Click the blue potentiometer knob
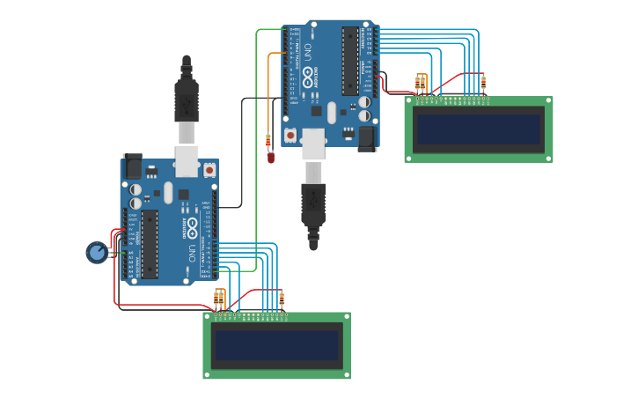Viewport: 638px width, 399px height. click(x=97, y=253)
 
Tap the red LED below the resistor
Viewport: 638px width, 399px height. click(x=271, y=158)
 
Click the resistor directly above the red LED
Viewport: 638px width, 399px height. click(x=268, y=140)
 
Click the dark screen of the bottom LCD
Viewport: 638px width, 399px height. click(x=277, y=345)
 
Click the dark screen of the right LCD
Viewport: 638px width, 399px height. click(x=479, y=129)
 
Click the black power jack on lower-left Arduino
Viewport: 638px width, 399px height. click(x=133, y=166)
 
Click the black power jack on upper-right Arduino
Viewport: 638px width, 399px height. click(x=367, y=137)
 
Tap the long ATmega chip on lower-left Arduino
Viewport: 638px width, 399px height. click(x=150, y=243)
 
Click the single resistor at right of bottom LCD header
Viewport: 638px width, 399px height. click(x=282, y=299)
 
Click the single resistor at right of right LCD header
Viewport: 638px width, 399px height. click(x=483, y=83)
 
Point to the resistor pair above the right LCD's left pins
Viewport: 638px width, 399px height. click(x=420, y=84)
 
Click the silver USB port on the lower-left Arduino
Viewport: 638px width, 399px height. click(x=187, y=161)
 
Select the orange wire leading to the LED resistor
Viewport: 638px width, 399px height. click(x=268, y=88)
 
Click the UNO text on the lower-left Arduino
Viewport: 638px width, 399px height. click(x=192, y=253)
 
